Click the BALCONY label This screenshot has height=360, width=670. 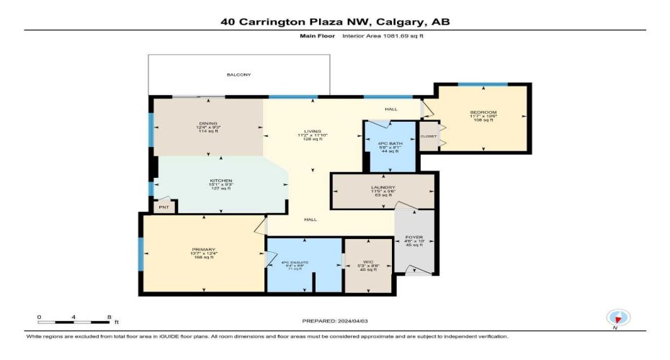click(x=238, y=75)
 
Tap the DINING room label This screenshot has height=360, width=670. click(x=209, y=123)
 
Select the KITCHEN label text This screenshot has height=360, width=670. click(x=220, y=181)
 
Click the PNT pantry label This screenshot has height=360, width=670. click(x=164, y=208)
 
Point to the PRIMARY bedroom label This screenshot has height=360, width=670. click(x=203, y=249)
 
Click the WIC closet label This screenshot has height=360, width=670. click(x=368, y=262)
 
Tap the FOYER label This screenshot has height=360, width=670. click(x=414, y=235)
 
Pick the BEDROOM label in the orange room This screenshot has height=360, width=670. click(x=483, y=112)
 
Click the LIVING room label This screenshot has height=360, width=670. click(x=313, y=131)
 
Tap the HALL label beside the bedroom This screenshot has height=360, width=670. click(x=390, y=109)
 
